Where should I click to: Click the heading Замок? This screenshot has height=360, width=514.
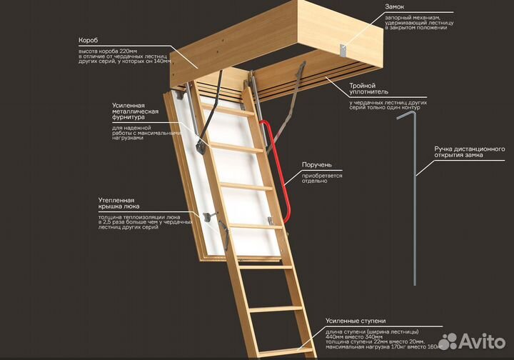394,6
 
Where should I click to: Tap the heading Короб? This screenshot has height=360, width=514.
89,40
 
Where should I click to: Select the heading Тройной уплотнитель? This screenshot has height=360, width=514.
368,89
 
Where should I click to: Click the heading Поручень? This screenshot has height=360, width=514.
317,164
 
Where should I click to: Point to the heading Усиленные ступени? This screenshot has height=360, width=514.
356,321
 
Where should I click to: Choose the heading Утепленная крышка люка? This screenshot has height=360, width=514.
119,204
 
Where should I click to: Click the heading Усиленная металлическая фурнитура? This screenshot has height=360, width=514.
136,111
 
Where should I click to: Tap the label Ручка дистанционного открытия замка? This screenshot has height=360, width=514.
470,152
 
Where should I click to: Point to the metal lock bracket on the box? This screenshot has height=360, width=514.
343,50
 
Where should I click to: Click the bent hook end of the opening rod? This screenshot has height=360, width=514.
406,114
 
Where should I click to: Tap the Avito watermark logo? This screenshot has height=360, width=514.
472,341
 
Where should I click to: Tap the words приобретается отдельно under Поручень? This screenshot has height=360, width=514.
322,178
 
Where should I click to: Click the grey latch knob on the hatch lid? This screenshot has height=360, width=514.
208,217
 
